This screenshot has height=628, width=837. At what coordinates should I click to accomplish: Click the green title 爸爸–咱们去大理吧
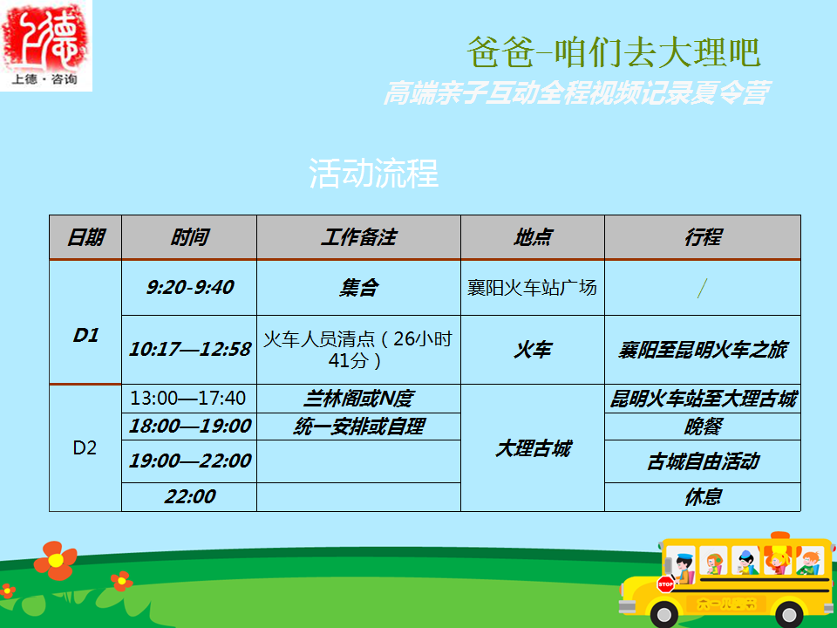pyautogui.click(x=614, y=52)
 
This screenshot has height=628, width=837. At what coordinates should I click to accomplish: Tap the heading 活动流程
pyautogui.click(x=374, y=173)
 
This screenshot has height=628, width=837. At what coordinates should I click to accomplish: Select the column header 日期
pyautogui.click(x=85, y=237)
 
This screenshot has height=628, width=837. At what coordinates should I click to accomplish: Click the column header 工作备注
pyautogui.click(x=358, y=237)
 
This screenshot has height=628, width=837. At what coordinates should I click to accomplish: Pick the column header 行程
pyautogui.click(x=703, y=237)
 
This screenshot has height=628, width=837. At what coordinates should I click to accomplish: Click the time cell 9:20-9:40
pyautogui.click(x=189, y=287)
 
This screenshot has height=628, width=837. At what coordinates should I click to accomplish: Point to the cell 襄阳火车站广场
pyautogui.click(x=532, y=287)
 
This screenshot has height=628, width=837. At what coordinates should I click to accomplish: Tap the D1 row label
pyautogui.click(x=85, y=335)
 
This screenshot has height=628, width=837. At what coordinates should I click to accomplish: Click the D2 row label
pyautogui.click(x=85, y=447)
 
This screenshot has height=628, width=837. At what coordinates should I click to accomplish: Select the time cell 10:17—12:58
pyautogui.click(x=189, y=349)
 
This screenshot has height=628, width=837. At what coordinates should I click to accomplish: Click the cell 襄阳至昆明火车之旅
pyautogui.click(x=703, y=350)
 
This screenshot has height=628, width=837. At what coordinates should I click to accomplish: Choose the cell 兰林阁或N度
pyautogui.click(x=358, y=399)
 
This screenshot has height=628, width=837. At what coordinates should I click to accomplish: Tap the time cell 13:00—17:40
pyautogui.click(x=188, y=398)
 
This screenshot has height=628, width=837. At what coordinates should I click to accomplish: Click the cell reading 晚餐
pyautogui.click(x=703, y=427)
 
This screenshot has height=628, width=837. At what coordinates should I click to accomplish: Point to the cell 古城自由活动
pyautogui.click(x=703, y=461)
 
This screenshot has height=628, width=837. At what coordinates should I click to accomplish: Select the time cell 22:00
pyautogui.click(x=189, y=496)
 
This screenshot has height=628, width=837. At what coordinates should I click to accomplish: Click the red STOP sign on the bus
pyautogui.click(x=665, y=584)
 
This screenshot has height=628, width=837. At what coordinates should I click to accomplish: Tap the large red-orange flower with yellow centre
pyautogui.click(x=56, y=560)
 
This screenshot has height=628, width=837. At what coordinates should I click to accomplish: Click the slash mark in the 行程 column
pyautogui.click(x=703, y=289)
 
